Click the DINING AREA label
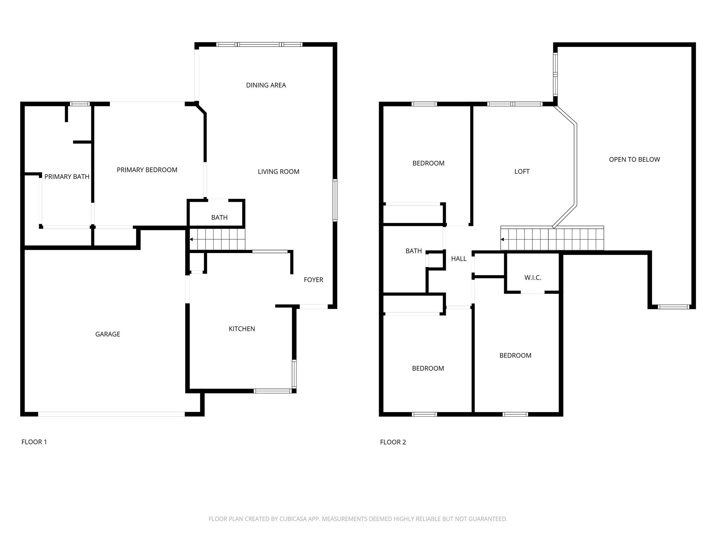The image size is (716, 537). click(x=266, y=85)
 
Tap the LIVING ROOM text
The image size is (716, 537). click(x=278, y=172)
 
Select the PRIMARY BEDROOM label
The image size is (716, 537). click(x=147, y=170)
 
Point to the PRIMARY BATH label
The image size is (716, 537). click(x=67, y=177)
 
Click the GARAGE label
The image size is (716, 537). click(x=108, y=334)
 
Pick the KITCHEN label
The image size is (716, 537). click(x=242, y=329)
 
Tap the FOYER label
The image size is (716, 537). click(x=313, y=280)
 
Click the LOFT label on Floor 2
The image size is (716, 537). click(x=522, y=172)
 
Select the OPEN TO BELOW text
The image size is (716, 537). click(x=634, y=160)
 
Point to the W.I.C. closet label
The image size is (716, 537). click(x=533, y=278)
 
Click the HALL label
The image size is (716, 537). click(x=459, y=259)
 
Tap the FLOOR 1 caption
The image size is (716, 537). click(x=34, y=442)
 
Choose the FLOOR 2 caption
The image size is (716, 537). click(x=393, y=442)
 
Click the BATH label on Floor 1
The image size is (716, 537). click(x=219, y=217)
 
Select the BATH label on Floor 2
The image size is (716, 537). click(x=414, y=251)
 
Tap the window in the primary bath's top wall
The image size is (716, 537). click(x=80, y=104)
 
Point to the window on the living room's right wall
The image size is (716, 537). click(x=335, y=200)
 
